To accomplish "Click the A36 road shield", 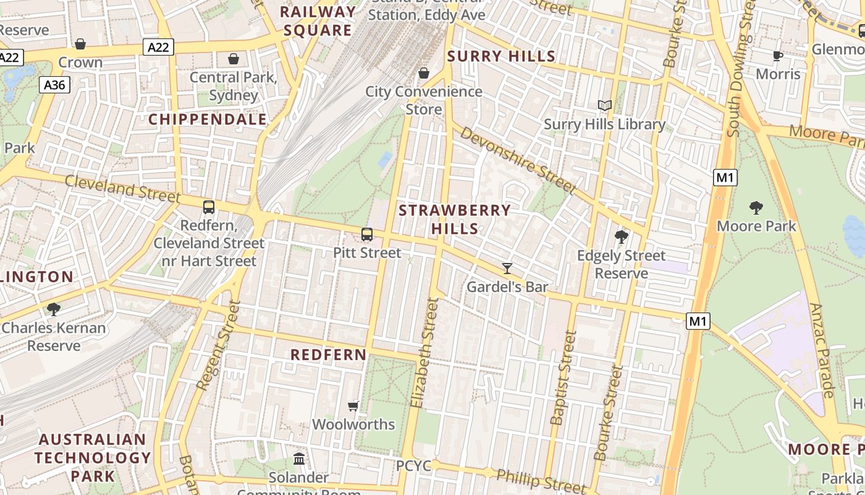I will pyautogui.click(x=54, y=85).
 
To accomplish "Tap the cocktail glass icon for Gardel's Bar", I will pyautogui.click(x=507, y=268).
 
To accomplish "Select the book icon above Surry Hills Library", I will pyautogui.click(x=605, y=106).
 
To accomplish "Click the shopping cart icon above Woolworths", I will pyautogui.click(x=353, y=406).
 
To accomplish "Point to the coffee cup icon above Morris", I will pyautogui.click(x=778, y=56).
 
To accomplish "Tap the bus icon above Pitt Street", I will pyautogui.click(x=367, y=235).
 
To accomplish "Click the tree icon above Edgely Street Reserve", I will pyautogui.click(x=622, y=237).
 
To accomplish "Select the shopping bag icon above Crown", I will pyautogui.click(x=80, y=44).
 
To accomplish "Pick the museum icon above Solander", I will pyautogui.click(x=299, y=458).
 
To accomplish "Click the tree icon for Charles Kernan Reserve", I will pyautogui.click(x=54, y=309).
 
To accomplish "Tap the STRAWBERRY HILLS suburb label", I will pyautogui.click(x=455, y=219).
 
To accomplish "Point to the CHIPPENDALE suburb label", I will pyautogui.click(x=208, y=119).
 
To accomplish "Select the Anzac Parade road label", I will pyautogui.click(x=822, y=350).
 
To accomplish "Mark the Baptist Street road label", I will pyautogui.click(x=563, y=377).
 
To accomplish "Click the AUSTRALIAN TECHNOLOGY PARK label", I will pyautogui.click(x=93, y=458).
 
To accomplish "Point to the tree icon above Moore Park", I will pyautogui.click(x=756, y=208).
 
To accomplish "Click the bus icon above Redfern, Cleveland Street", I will pyautogui.click(x=209, y=207).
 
